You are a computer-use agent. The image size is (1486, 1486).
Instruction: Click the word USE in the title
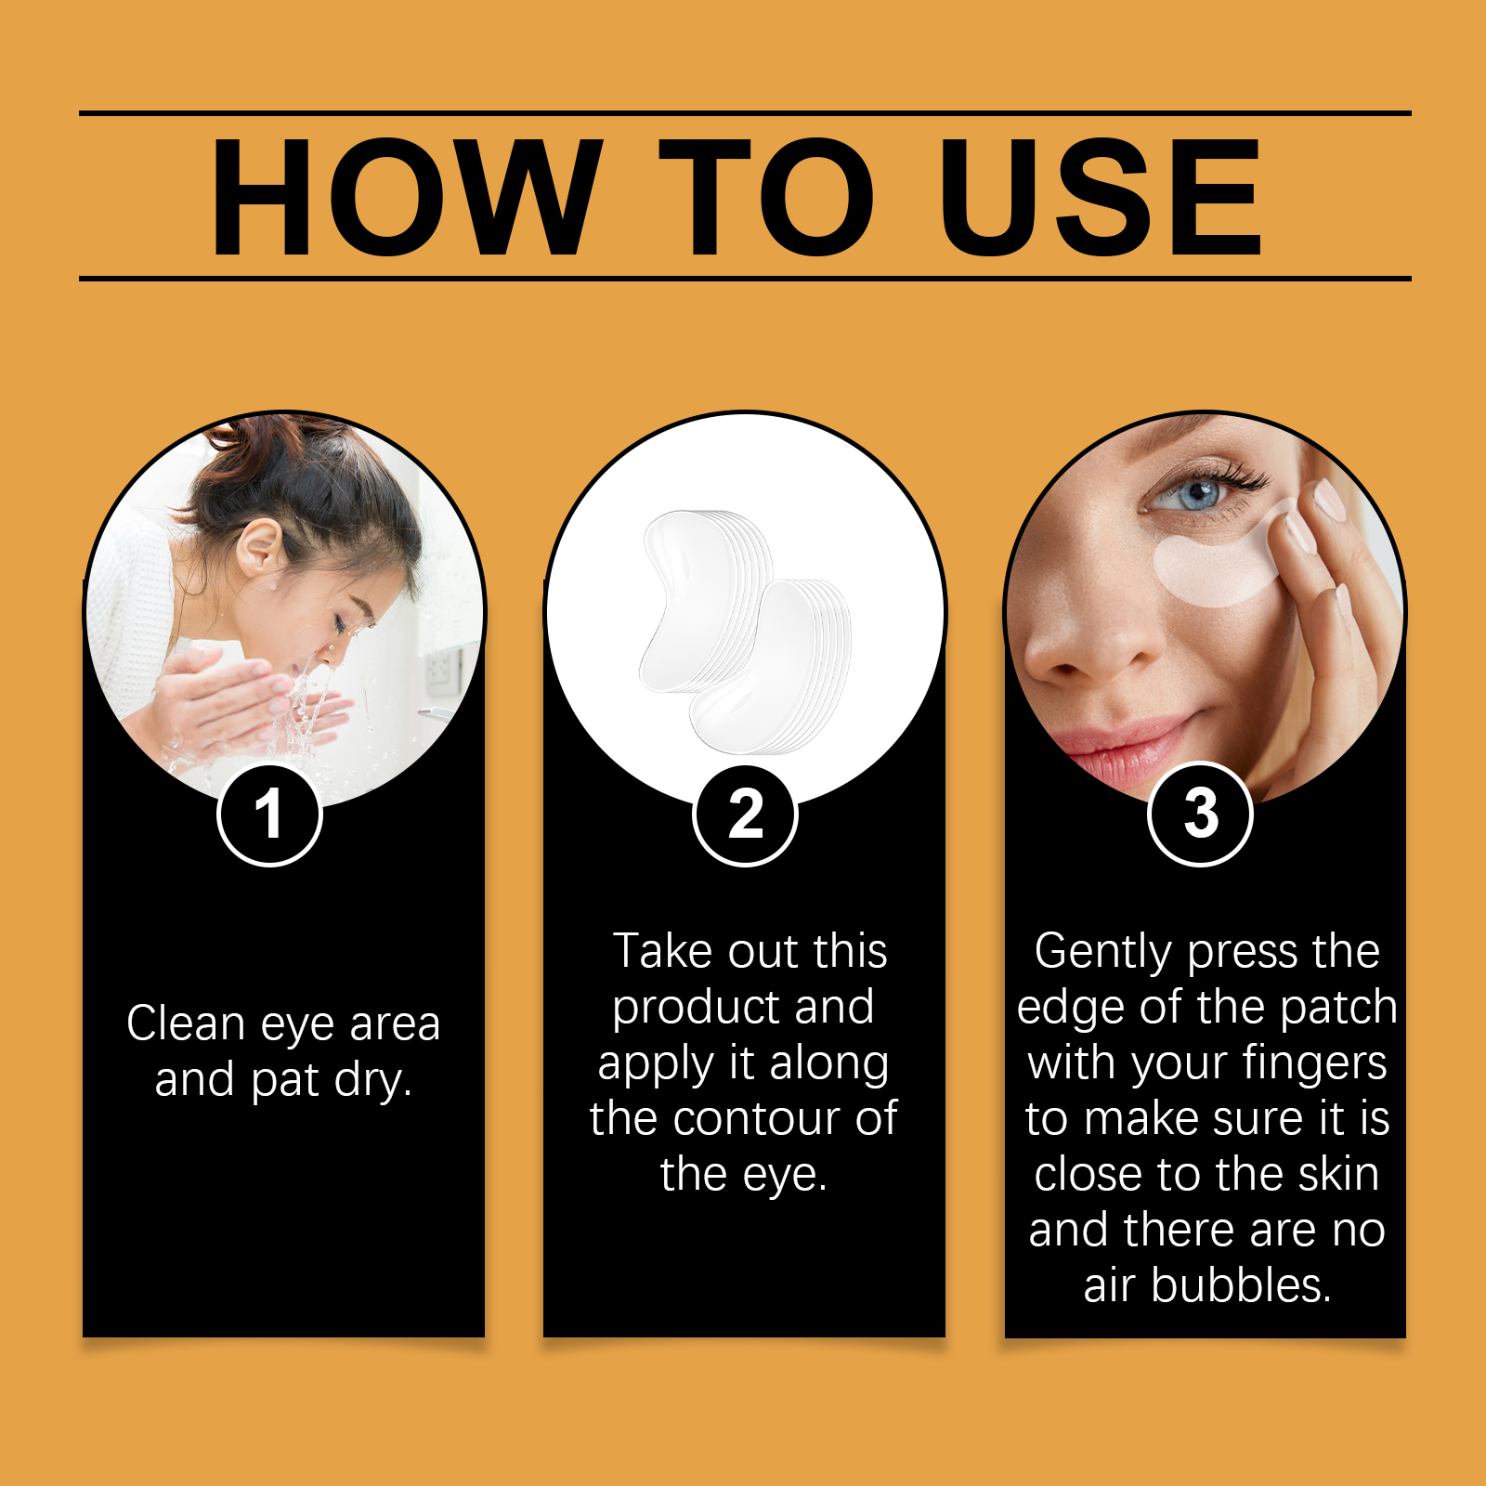1100,197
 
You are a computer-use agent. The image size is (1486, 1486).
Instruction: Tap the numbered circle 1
269,815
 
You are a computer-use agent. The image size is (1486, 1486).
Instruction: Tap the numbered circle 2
745,815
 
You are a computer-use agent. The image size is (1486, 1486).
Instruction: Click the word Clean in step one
186,1023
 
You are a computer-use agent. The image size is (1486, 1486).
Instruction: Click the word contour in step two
772,1118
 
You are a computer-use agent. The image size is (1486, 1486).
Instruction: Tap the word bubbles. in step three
1241,1286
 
